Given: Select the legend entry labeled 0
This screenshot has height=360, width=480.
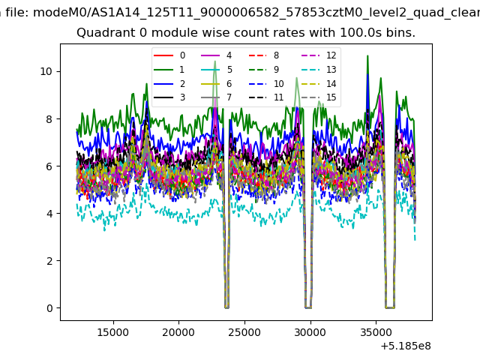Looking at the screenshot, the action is tap(169, 55).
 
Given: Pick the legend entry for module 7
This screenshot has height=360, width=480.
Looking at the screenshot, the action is tap(217, 97).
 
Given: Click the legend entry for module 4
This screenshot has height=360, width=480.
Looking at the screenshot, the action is tap(217, 55).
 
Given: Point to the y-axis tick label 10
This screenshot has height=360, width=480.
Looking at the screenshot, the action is tap(46, 72).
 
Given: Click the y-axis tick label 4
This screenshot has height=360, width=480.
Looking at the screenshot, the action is tap(49, 213).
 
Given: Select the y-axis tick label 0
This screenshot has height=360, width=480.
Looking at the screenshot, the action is tap(49, 308).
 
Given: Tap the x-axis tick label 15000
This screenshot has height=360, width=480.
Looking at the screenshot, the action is tap(113, 332).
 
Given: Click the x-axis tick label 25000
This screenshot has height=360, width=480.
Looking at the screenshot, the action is tap(244, 332).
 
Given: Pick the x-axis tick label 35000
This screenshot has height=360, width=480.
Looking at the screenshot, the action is tap(376, 332).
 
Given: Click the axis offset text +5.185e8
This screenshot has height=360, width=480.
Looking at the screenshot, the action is tap(406, 346).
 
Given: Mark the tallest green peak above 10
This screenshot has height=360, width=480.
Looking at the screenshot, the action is tap(367, 56).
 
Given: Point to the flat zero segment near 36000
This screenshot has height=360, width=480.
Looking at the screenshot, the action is tap(390, 307).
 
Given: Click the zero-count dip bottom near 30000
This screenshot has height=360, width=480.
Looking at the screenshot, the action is tap(308, 307).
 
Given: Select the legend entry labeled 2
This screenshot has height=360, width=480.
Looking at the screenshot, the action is tap(169, 83).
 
